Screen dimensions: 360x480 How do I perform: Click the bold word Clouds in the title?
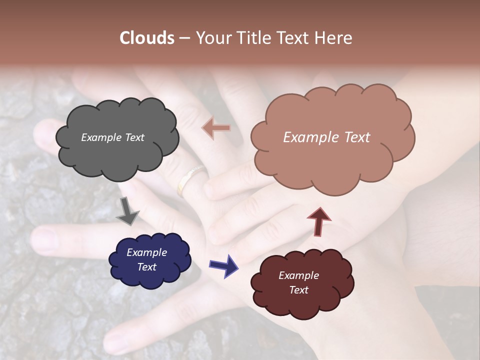(x=147, y=38)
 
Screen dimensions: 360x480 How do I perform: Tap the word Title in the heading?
(x=250, y=38)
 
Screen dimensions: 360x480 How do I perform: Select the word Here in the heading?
(x=334, y=38)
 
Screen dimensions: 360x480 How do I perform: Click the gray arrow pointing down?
(x=128, y=212)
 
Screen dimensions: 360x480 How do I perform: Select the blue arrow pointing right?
(x=224, y=265)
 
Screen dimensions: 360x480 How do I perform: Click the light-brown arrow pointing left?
(x=216, y=128)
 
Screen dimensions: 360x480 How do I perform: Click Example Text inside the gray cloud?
(x=112, y=137)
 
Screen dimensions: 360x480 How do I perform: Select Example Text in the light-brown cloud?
(x=326, y=137)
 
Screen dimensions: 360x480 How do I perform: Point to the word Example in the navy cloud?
(x=146, y=252)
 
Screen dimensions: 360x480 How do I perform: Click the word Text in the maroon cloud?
(x=298, y=290)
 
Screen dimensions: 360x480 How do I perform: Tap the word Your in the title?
(x=211, y=38)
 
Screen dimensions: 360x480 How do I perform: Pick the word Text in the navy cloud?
(x=146, y=267)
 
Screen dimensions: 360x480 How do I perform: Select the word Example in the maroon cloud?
(x=298, y=275)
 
